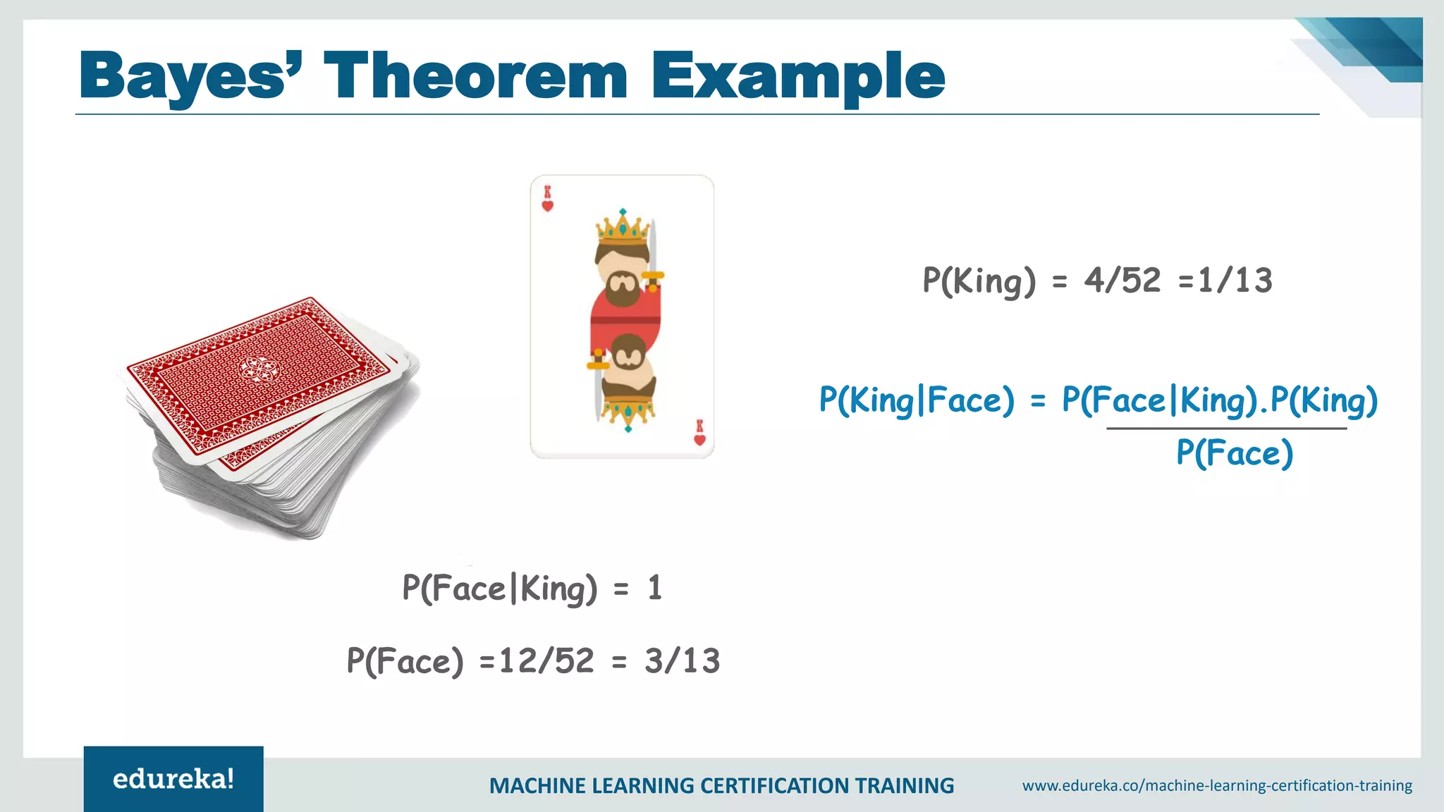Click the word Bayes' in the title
[x=190, y=76]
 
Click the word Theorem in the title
[x=475, y=76]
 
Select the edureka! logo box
[x=173, y=779]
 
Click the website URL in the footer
[x=1217, y=785]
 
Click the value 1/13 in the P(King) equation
[x=1235, y=281]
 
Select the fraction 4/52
[x=1122, y=281]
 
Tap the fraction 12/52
[x=546, y=661]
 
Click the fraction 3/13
[x=682, y=661]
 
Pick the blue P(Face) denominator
[x=1235, y=453]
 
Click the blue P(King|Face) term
[x=916, y=400]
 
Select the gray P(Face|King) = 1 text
[x=532, y=588]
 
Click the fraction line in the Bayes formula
[x=1226, y=428]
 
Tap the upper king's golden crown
[x=622, y=228]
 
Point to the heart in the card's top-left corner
[x=547, y=206]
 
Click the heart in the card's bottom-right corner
[x=699, y=440]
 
